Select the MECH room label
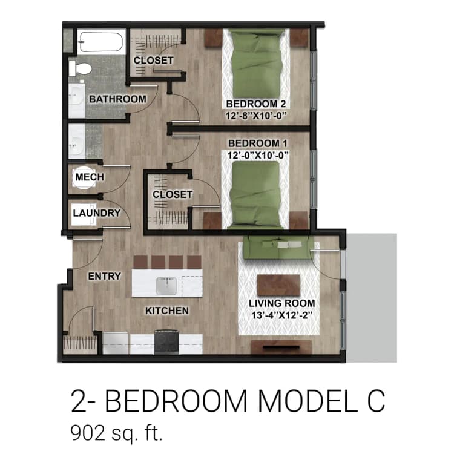coord(89,177)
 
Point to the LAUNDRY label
coord(96,213)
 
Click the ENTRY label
coord(104,276)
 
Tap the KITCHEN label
coord(166,311)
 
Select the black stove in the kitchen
coord(166,341)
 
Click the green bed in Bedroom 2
coord(254,61)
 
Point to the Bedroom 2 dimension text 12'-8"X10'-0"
coord(255,113)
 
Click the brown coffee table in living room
coord(279,285)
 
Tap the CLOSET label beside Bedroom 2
coord(153,61)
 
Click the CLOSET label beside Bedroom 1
coord(173,194)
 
